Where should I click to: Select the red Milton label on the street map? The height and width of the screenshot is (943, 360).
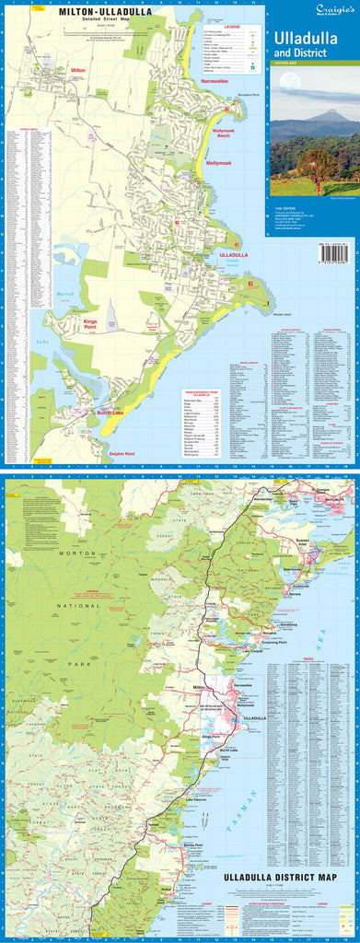[x=77, y=70]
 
